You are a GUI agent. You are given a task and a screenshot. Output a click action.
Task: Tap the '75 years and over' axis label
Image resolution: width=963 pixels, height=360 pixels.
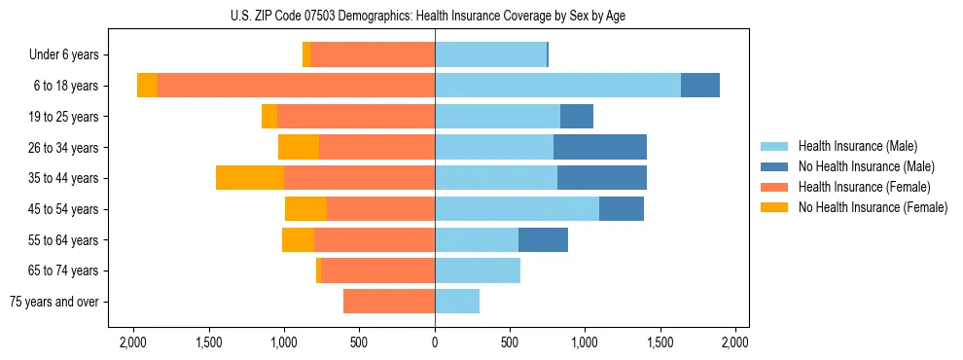point(53,302)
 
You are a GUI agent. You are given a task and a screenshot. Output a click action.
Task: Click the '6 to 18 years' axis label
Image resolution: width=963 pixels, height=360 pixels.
point(65,86)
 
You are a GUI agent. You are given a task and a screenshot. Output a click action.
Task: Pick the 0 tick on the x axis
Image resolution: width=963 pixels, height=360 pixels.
point(435,342)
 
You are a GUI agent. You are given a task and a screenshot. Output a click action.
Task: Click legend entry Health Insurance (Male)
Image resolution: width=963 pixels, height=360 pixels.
point(857,146)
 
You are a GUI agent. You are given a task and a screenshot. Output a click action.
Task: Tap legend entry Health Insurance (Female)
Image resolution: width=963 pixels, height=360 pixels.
point(864,187)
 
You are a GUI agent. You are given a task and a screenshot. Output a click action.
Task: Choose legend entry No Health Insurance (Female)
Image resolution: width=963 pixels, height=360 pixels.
point(873,207)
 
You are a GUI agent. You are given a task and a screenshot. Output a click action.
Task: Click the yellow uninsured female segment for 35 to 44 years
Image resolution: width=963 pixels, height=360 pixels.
point(250,177)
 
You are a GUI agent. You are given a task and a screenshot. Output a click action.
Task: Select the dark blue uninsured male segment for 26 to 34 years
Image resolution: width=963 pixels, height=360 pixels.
point(600,147)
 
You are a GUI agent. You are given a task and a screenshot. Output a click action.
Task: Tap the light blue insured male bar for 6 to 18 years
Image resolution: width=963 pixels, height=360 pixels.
point(557,85)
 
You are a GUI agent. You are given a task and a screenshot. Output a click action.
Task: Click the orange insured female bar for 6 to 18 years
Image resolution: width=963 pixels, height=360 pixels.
point(296,85)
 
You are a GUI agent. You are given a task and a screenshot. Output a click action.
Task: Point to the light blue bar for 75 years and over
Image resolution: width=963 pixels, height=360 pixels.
point(457,301)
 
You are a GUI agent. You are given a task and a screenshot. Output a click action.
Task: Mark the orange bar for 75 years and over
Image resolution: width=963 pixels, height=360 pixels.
point(389,301)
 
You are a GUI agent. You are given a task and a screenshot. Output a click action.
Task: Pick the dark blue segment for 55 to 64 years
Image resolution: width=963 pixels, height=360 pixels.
point(543,239)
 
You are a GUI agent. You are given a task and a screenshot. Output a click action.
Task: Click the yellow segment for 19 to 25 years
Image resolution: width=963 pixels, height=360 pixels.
point(269,116)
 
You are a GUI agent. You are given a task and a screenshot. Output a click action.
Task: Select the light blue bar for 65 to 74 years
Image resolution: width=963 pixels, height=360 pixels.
point(478,270)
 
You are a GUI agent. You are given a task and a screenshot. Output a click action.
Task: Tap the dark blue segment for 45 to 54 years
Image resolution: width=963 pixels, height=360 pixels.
point(622,208)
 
